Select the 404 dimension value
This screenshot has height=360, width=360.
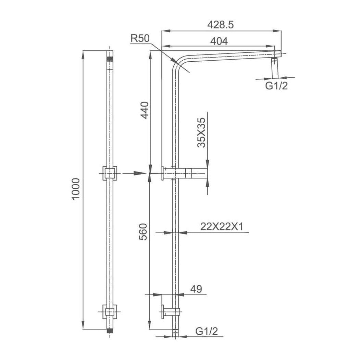coord(219,41)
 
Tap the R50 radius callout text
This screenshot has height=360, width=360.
coord(140,38)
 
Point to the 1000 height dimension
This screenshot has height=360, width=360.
coord(76,190)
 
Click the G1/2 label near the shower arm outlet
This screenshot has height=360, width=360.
coord(276,86)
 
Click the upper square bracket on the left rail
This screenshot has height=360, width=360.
coord(110,174)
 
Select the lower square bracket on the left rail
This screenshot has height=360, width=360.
coord(110,312)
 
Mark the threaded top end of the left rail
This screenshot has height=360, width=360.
coord(110,58)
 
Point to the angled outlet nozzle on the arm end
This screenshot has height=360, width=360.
coord(274,68)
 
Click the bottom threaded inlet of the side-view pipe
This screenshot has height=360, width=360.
coord(175,332)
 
